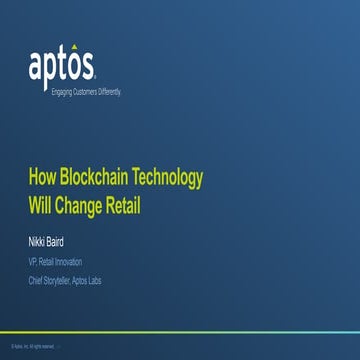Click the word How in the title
coord(44,180)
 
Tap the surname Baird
coord(62,241)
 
